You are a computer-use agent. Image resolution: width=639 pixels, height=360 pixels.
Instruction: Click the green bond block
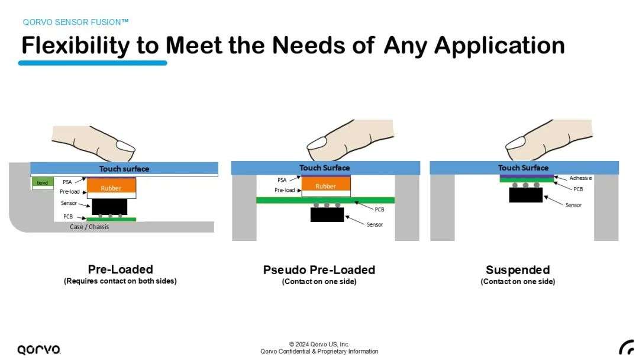tap(43, 182)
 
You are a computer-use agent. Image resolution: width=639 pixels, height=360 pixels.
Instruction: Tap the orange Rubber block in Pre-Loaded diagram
tap(111, 185)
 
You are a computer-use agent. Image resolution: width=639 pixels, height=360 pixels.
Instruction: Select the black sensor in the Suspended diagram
tap(526, 195)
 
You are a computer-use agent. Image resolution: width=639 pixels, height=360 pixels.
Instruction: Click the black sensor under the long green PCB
tap(327, 214)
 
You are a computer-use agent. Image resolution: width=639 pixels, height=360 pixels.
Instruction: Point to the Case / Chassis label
tap(89, 227)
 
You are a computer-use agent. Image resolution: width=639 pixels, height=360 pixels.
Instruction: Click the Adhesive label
tap(580, 178)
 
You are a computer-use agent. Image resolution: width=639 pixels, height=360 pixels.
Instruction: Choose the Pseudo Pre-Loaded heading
tap(319, 270)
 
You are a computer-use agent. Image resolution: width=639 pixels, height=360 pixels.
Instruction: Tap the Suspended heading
tap(518, 270)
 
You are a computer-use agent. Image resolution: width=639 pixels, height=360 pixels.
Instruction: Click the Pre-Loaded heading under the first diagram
tap(121, 269)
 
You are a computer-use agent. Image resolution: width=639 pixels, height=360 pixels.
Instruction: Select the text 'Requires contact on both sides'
tap(120, 281)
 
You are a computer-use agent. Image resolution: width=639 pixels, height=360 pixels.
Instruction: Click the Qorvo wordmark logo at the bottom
tap(38, 349)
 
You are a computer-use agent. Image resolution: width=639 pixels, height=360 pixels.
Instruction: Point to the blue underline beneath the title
tap(92, 63)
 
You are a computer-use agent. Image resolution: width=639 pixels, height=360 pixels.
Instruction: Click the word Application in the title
tap(499, 46)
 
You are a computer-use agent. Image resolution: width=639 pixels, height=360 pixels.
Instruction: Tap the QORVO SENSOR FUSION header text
tap(75, 22)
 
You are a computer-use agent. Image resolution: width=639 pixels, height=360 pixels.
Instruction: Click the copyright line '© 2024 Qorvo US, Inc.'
tap(319, 344)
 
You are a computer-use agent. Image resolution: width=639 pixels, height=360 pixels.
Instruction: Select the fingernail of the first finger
tap(125, 146)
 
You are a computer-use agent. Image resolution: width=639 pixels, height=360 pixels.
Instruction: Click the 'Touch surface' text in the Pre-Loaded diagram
tap(124, 169)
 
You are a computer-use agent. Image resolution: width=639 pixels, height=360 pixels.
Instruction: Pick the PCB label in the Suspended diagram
tap(578, 189)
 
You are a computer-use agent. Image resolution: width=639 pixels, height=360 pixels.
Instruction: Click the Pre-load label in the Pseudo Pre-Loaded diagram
tap(285, 190)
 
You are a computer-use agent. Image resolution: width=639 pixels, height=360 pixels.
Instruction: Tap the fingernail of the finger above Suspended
tap(515, 142)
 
